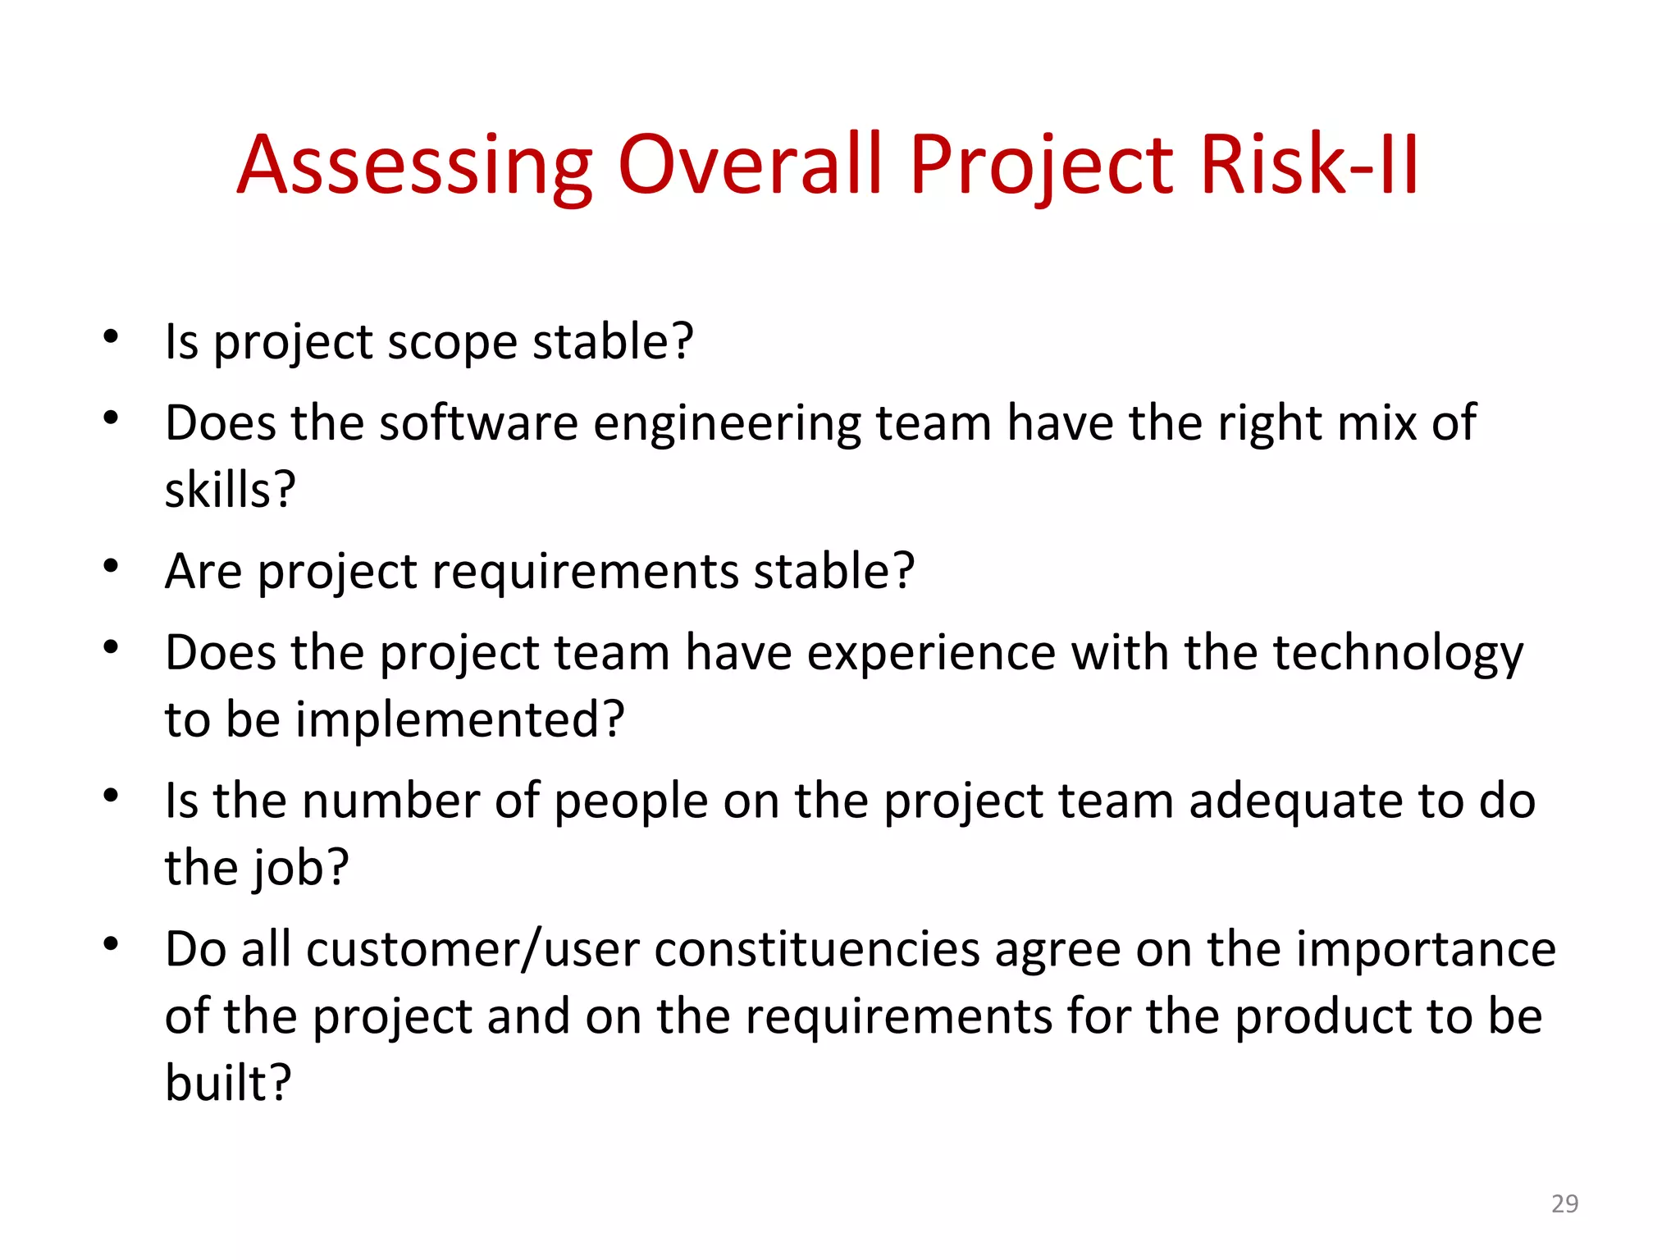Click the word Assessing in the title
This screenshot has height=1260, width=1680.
[x=414, y=166]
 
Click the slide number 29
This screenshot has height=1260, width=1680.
[x=1564, y=1203]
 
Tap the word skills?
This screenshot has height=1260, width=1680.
[x=230, y=490]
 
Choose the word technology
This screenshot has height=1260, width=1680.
[x=1397, y=654]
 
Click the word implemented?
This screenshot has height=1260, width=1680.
[x=460, y=719]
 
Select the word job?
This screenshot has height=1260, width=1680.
[x=300, y=868]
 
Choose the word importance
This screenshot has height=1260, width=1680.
[x=1426, y=950]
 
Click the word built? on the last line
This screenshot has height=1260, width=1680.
[x=228, y=1082]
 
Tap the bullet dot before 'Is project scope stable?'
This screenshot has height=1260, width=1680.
[x=111, y=336]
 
